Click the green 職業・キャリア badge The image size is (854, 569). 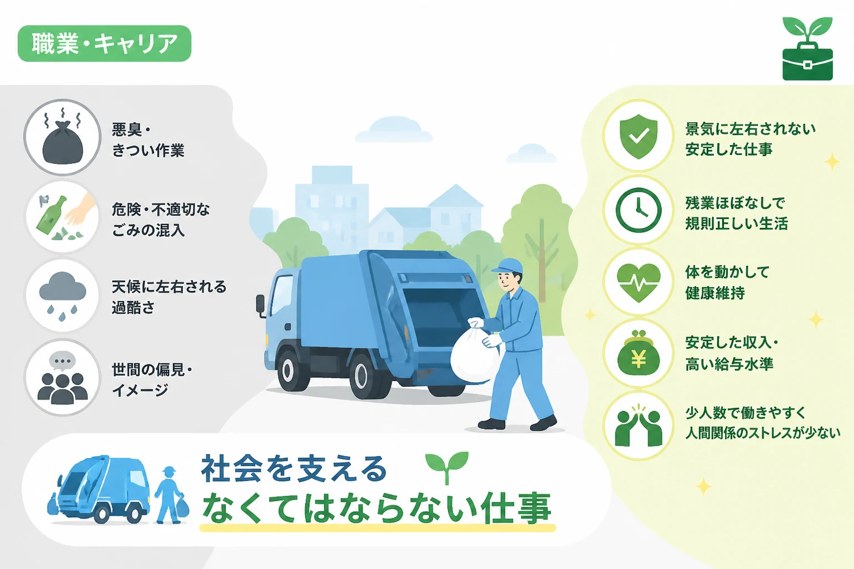[x=105, y=43]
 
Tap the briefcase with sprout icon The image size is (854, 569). [x=807, y=49]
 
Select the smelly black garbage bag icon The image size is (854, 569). [x=62, y=137]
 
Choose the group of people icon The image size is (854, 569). [x=62, y=377]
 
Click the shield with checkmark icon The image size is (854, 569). [x=639, y=136]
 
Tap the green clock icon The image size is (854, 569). [x=639, y=210]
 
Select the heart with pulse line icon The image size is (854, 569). [x=639, y=282]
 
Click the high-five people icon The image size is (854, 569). [x=639, y=426]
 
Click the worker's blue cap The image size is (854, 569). [x=508, y=266]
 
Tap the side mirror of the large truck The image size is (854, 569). [x=261, y=306]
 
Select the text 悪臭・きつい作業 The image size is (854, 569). [x=148, y=140]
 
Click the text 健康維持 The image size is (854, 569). [x=715, y=293]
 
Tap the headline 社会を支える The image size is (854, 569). [x=294, y=468]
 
